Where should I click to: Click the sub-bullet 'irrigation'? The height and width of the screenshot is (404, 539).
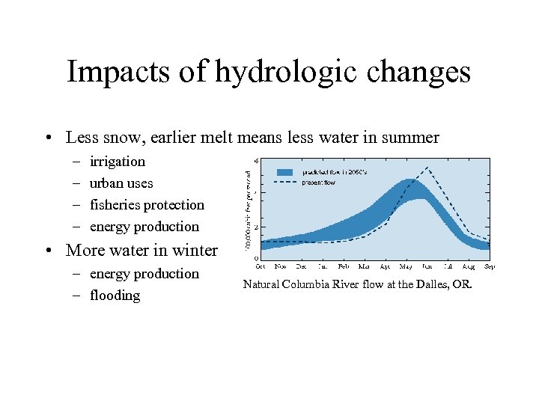(118, 162)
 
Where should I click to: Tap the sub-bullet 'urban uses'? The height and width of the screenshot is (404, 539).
(121, 183)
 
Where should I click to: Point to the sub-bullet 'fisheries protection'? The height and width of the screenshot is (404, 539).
(147, 205)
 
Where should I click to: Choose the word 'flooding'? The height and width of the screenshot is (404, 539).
(115, 296)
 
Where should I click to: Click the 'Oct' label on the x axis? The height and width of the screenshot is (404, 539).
(261, 266)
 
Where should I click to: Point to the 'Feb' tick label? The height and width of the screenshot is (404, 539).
(344, 266)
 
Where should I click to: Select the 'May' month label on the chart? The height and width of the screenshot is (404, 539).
(406, 266)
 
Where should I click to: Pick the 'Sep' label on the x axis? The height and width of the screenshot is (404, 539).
(488, 266)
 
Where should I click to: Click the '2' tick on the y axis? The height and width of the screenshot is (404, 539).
(257, 226)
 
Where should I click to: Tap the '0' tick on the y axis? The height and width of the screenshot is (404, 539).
(257, 259)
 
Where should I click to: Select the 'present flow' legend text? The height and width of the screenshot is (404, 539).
(319, 181)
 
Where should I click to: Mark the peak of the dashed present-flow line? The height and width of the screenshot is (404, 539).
(427, 167)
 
